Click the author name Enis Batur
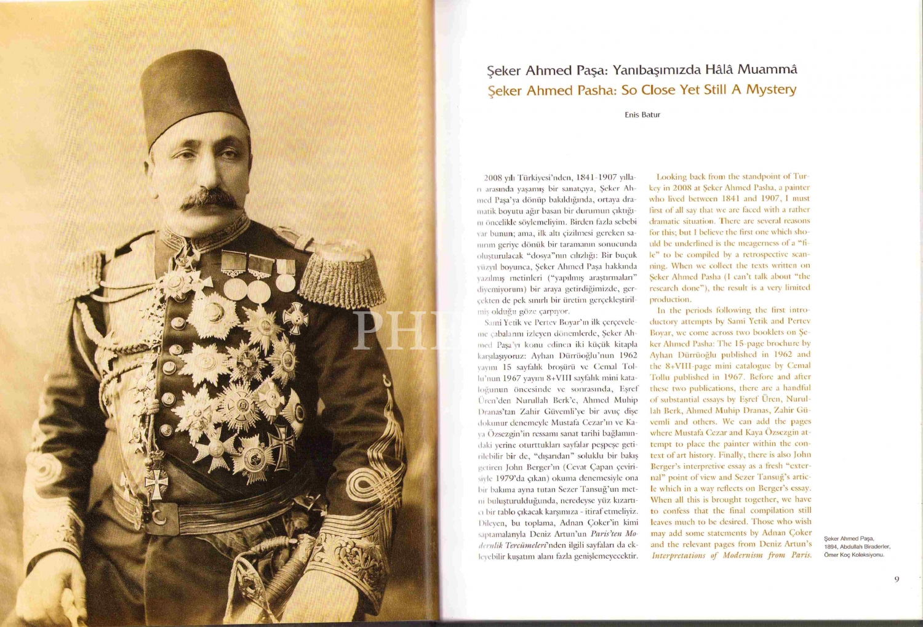(642, 114)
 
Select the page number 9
(897, 579)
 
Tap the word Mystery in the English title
(771, 90)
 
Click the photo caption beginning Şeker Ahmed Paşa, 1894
(857, 546)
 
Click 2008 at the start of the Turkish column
(493, 177)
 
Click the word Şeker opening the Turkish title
(503, 71)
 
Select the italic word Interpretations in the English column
(678, 556)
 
